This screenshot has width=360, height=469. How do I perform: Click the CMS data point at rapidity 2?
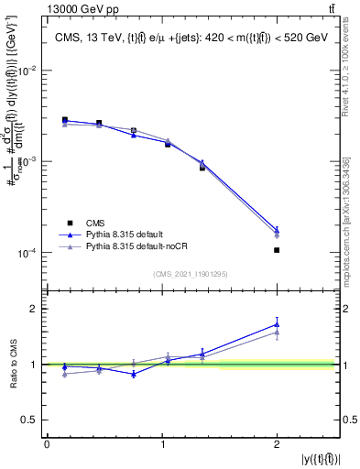pyautogui.click(x=277, y=250)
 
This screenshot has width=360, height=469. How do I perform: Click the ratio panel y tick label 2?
pyautogui.click(x=33, y=309)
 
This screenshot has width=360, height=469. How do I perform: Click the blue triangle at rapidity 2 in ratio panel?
pyautogui.click(x=277, y=323)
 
